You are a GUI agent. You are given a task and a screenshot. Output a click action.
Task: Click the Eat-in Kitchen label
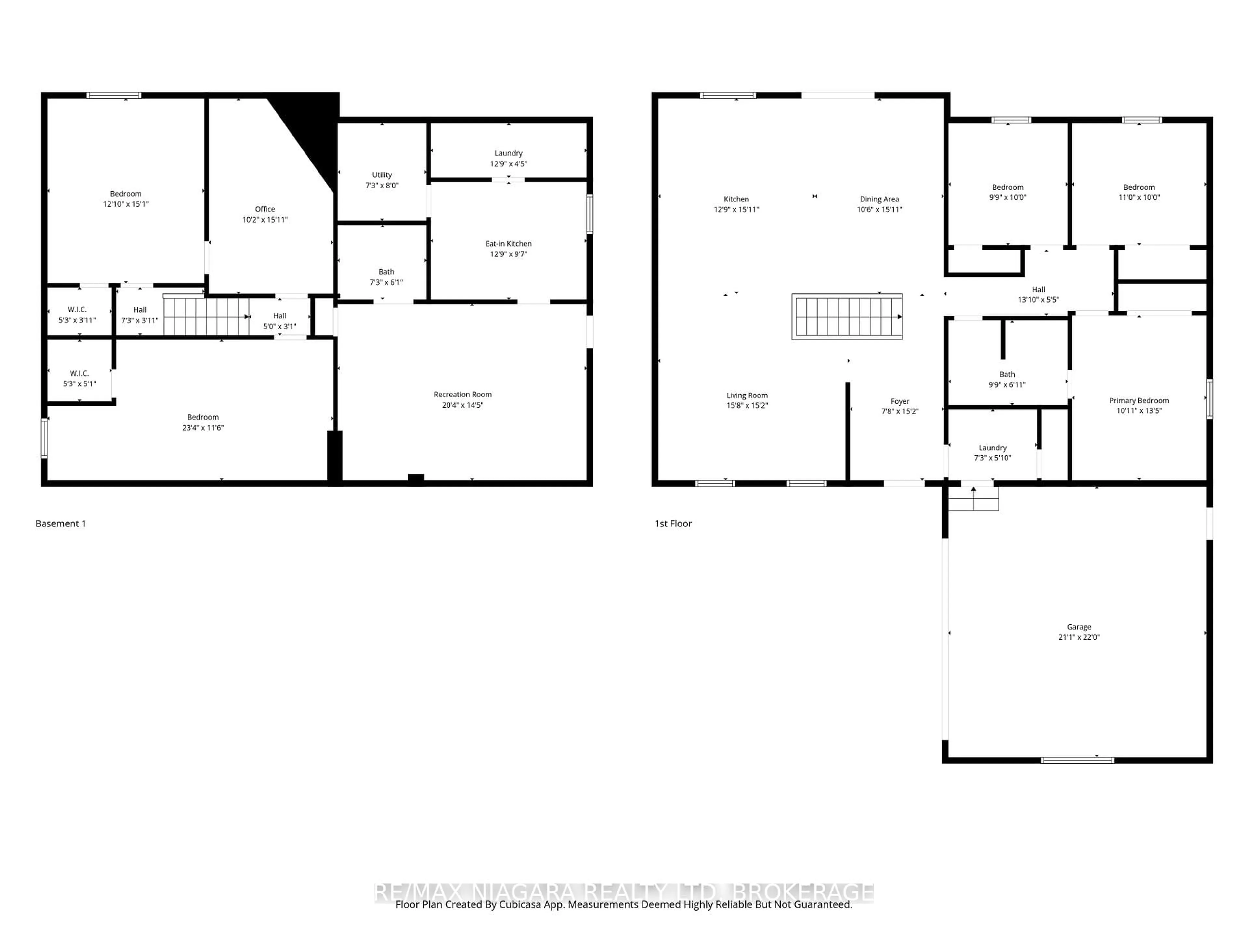(508, 244)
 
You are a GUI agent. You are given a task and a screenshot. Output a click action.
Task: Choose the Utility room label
(382, 175)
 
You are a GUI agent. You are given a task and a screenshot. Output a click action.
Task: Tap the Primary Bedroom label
(1138, 401)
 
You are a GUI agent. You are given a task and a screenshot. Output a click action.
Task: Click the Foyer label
(900, 401)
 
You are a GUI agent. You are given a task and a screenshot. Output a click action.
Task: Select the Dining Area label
(879, 199)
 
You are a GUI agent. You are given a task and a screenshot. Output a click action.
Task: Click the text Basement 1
(61, 524)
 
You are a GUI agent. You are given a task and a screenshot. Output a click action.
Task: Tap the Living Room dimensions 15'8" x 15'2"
(747, 405)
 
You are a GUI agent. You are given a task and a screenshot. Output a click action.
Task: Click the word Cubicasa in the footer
(521, 904)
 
